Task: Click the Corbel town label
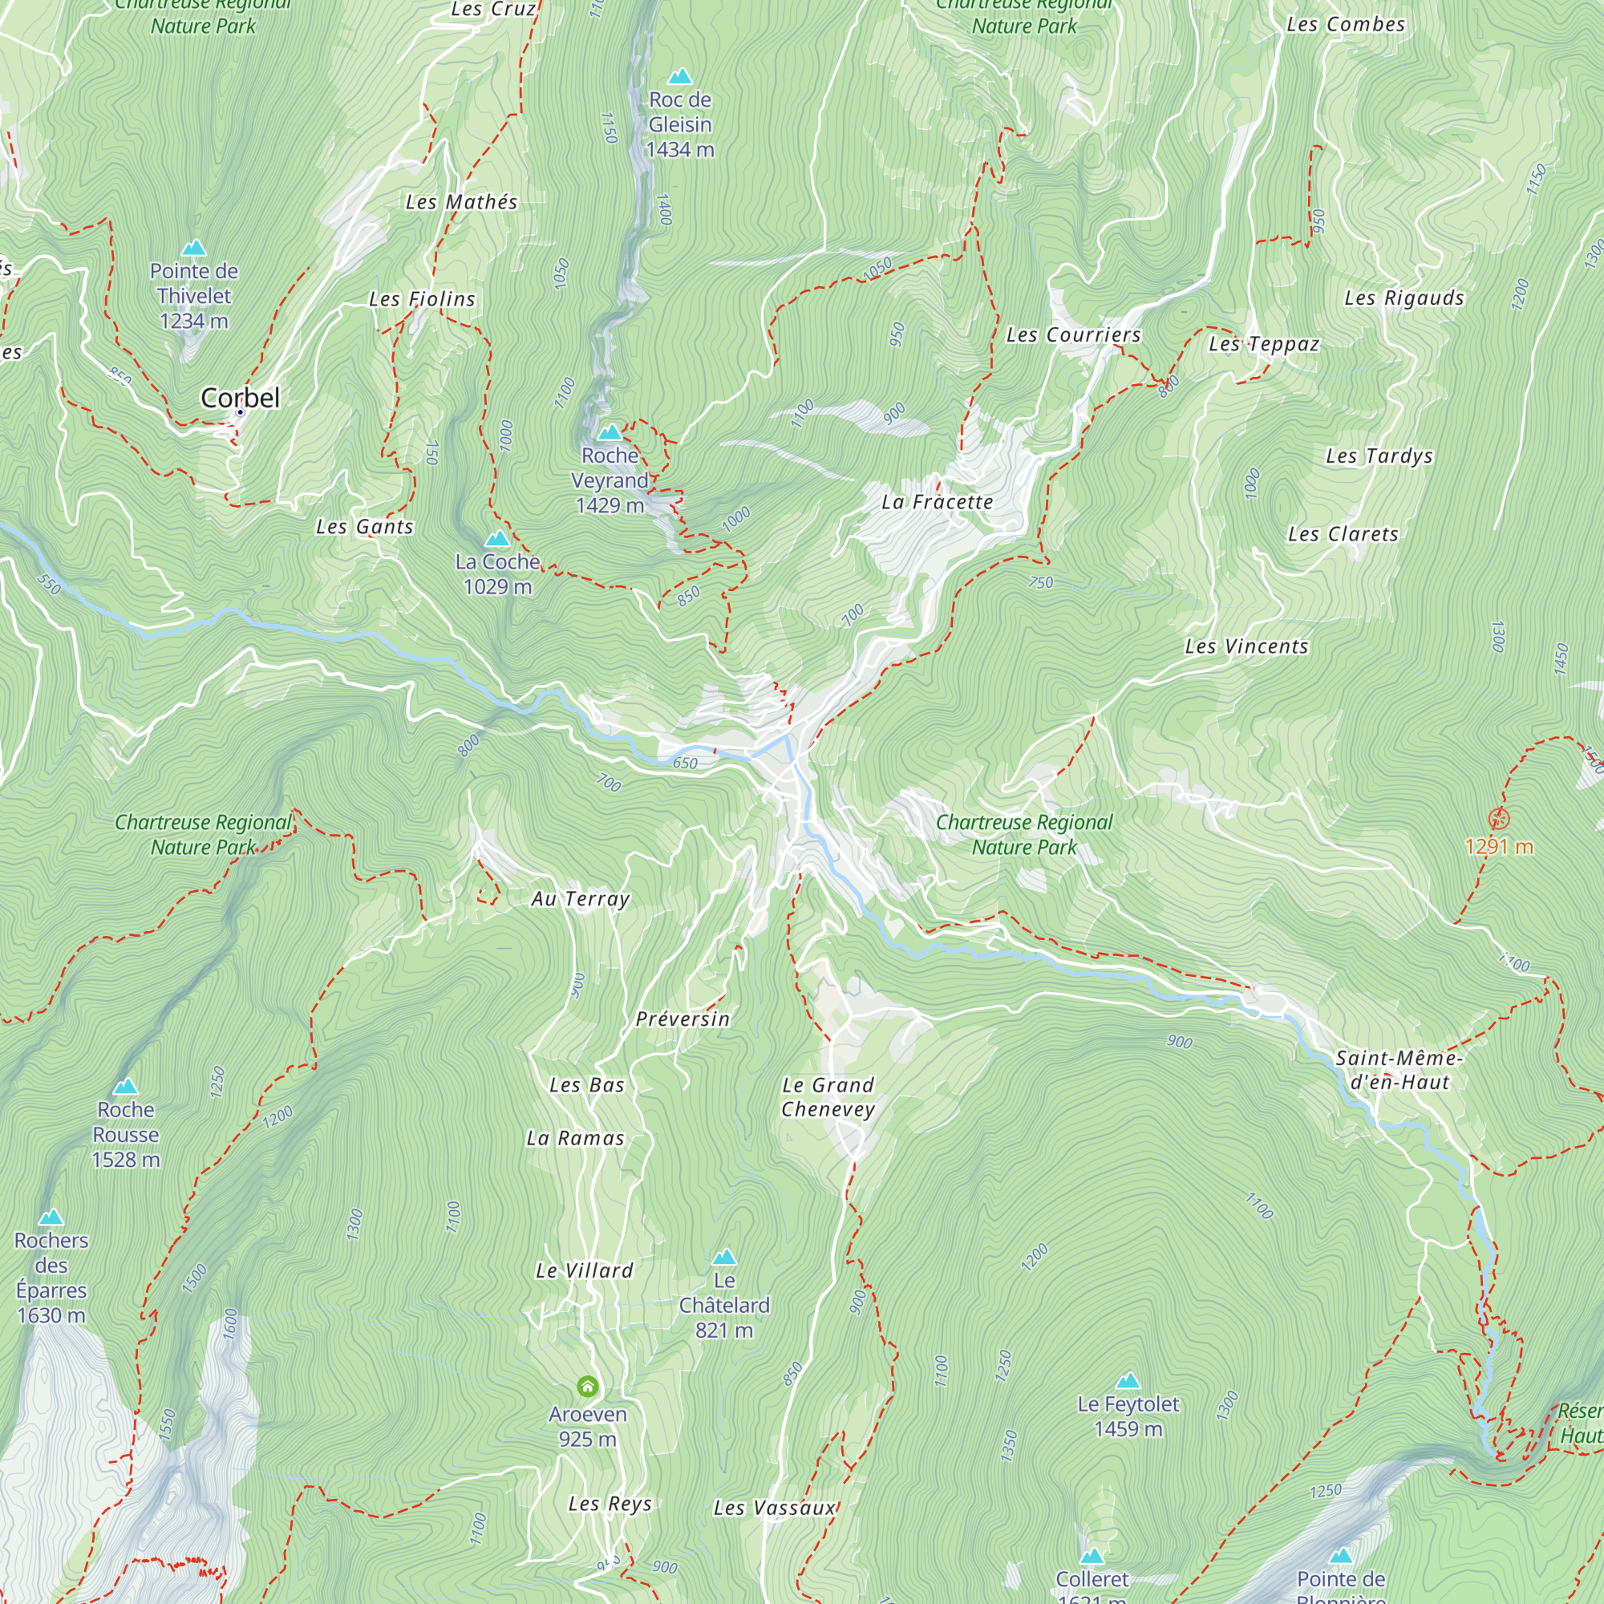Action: (240, 398)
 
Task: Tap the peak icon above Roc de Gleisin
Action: (680, 77)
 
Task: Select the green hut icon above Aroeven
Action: (587, 1386)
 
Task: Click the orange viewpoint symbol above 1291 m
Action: (1499, 820)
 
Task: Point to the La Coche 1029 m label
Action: (497, 573)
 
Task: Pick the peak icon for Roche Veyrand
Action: (610, 432)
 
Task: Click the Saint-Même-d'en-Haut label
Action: (1399, 1070)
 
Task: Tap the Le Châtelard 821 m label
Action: (724, 1305)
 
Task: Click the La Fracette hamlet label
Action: (937, 501)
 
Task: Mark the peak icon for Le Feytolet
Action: (1128, 1381)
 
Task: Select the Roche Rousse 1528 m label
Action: (125, 1134)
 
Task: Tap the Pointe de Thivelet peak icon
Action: (193, 249)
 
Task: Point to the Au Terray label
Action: (581, 898)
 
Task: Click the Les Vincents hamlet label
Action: (1246, 646)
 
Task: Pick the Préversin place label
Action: (683, 1019)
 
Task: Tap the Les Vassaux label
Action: (774, 1508)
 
